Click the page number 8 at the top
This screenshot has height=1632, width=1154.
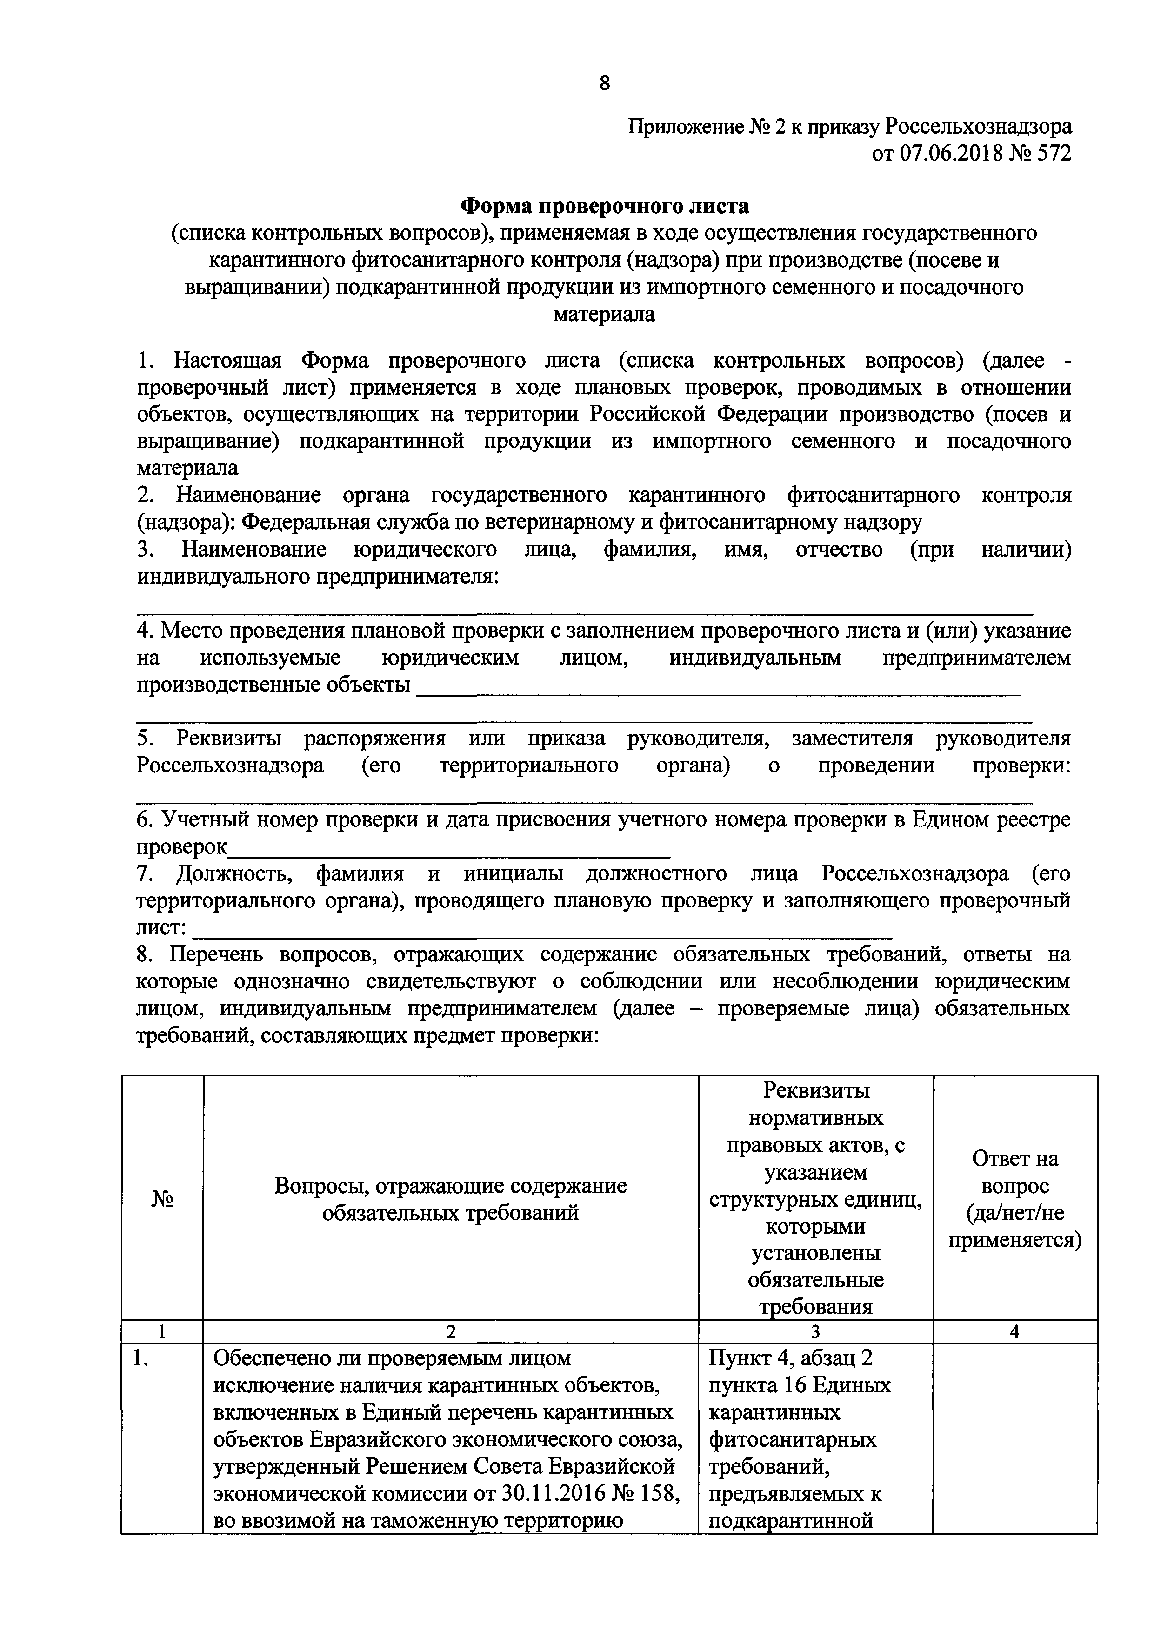(x=604, y=84)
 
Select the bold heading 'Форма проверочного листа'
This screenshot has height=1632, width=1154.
(x=604, y=206)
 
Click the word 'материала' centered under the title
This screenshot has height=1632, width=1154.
(x=604, y=314)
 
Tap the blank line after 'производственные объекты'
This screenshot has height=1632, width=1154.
(x=718, y=691)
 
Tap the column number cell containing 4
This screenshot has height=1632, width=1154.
(x=1015, y=1331)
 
